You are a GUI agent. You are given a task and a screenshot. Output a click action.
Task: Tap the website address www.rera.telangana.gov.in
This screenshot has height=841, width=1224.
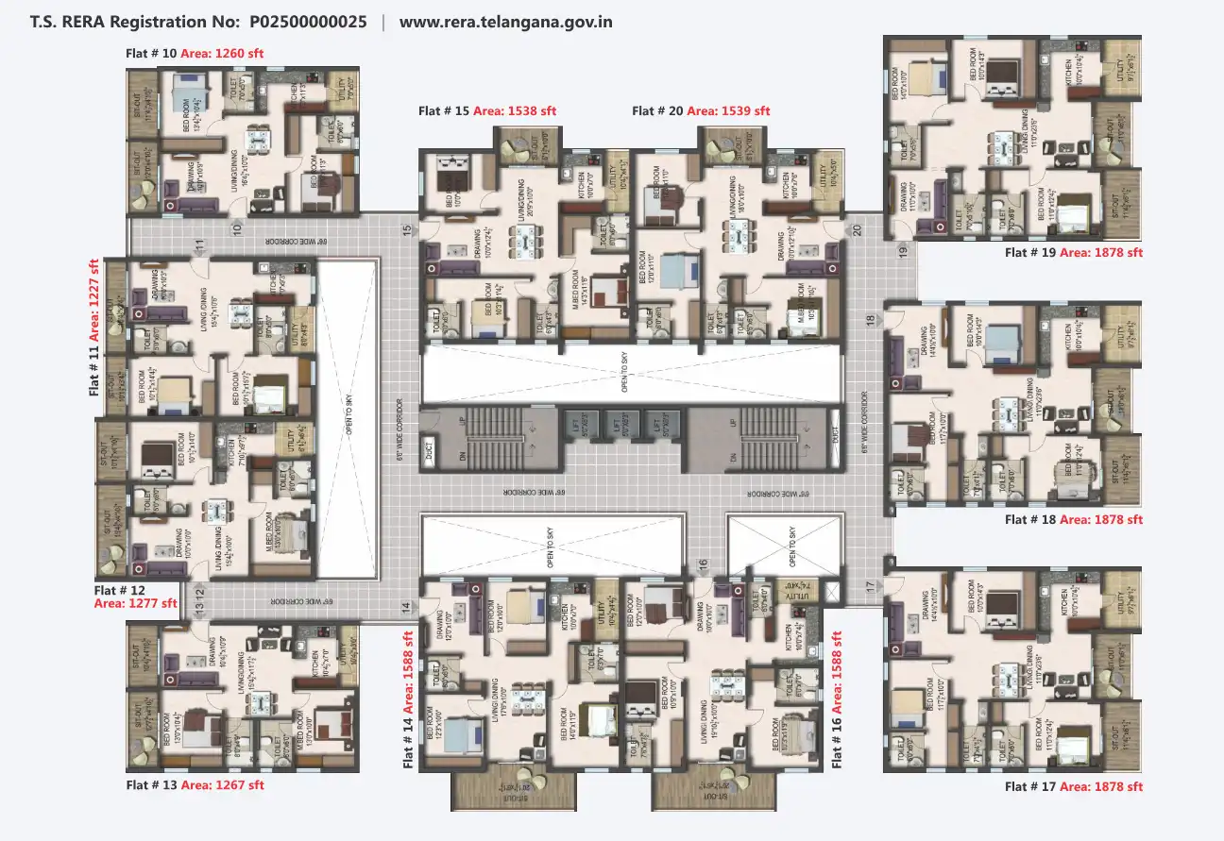point(505,21)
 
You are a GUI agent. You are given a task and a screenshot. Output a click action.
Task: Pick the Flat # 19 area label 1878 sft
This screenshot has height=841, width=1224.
point(1100,252)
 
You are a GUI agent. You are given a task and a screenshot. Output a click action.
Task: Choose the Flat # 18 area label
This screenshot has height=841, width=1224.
point(1100,519)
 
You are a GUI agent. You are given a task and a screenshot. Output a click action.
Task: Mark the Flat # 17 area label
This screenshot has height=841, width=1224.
point(1100,786)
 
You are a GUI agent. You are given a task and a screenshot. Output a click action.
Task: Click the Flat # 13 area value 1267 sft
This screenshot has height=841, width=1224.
point(222,784)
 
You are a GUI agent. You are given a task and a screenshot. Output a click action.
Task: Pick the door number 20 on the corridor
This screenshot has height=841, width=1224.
point(857,228)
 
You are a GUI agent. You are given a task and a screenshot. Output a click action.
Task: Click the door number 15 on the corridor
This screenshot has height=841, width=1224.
point(407,228)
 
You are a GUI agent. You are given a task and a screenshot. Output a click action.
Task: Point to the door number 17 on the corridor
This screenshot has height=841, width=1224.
point(870,586)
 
